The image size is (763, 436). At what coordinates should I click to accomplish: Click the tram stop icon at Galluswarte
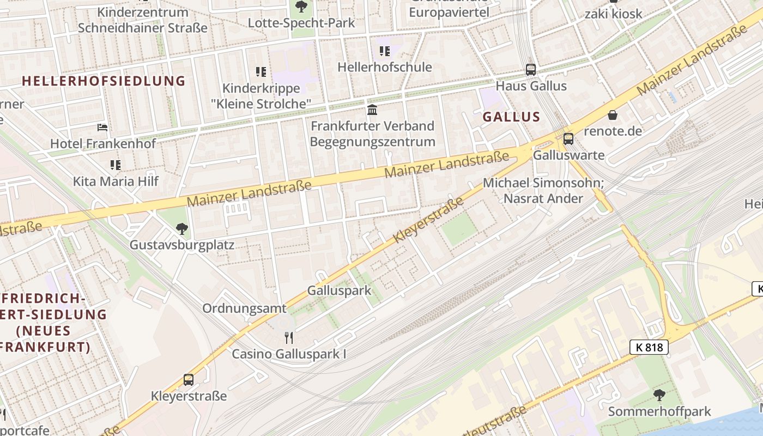coord(568,138)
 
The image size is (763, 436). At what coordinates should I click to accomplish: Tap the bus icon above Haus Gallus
coord(530,69)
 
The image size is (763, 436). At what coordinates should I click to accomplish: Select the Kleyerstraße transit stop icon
coord(188,379)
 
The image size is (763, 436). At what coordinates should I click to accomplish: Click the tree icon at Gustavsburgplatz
coord(182,229)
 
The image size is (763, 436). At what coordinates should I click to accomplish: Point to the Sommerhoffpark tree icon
coord(659,395)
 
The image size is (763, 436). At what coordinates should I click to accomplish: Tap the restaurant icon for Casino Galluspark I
coord(289,338)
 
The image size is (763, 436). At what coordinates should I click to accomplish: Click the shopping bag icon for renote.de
coord(613,115)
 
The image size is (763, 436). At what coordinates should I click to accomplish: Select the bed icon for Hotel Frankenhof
coord(102,128)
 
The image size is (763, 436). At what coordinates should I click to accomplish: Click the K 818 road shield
coord(649,347)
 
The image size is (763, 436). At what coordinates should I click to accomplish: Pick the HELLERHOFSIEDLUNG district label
coord(104,81)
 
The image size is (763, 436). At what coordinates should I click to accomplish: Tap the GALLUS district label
coord(511,117)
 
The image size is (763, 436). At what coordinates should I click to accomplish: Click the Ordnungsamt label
coord(244,308)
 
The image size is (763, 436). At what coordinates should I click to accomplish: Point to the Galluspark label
coord(338,290)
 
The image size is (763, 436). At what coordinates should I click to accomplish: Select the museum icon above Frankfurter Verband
coord(372,110)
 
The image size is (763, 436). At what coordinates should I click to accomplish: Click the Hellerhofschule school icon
coord(384,51)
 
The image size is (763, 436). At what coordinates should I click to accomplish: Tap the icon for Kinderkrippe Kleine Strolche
coord(261,72)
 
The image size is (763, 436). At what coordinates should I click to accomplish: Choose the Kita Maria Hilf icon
coord(115,165)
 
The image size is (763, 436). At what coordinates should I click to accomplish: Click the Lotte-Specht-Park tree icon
coord(301,7)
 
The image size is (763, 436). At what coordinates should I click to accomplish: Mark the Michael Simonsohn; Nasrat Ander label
coord(543,190)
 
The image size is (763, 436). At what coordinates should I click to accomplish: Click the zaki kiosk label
coord(613,14)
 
